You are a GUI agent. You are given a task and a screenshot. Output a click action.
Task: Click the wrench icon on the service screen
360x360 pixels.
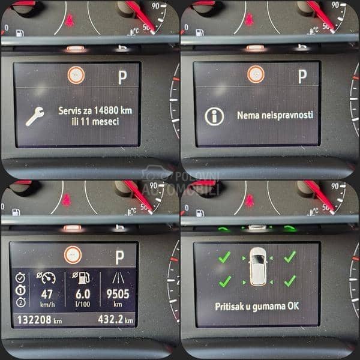point(35,116)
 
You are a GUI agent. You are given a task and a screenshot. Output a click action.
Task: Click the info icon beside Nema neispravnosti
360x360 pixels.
point(214,116)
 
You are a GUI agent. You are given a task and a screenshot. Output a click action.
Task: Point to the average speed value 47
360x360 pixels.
point(46,295)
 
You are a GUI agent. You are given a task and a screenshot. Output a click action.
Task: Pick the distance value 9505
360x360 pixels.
point(118,295)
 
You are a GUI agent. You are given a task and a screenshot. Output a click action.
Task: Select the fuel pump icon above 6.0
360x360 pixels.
point(84,276)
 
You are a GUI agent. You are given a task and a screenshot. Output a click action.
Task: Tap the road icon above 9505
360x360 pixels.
point(118,277)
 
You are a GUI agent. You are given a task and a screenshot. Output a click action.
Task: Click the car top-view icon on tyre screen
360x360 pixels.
point(257,266)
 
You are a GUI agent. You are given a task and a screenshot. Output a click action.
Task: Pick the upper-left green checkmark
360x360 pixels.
point(224,257)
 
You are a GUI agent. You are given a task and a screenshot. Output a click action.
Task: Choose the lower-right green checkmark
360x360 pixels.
point(290,280)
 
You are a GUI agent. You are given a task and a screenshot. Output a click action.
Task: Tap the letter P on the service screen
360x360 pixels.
point(122,77)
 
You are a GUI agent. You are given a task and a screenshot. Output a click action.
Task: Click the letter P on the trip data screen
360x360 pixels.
point(120,257)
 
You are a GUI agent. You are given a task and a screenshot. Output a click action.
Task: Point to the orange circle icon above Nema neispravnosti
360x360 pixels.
point(256,74)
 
